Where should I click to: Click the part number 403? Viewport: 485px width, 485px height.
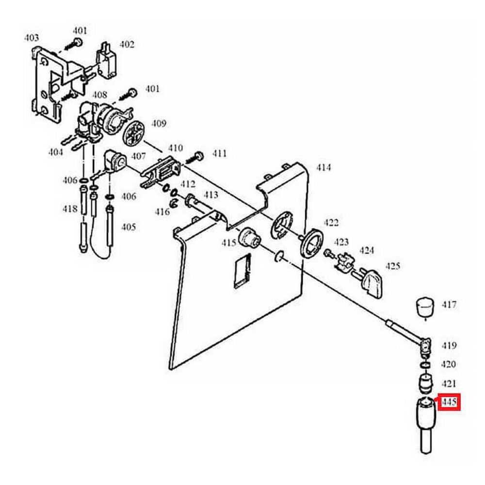(x=32, y=38)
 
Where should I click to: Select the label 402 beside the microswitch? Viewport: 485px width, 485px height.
(x=127, y=45)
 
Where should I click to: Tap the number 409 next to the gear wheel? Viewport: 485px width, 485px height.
(x=159, y=123)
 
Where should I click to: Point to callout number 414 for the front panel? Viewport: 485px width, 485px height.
(x=323, y=167)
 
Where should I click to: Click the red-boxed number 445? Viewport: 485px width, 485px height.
(x=449, y=402)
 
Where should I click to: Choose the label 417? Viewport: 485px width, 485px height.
(x=449, y=305)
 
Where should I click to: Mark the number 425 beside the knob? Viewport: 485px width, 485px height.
(x=392, y=266)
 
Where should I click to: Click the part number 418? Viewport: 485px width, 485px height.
(x=70, y=209)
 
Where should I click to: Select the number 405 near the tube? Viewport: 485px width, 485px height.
(x=129, y=227)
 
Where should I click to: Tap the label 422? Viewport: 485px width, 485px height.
(x=331, y=223)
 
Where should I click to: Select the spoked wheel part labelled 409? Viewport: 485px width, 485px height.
(x=132, y=134)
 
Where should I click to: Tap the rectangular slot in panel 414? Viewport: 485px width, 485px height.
(x=242, y=272)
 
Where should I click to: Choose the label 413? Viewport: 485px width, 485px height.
(x=211, y=195)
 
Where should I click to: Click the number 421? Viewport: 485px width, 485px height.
(x=449, y=384)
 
